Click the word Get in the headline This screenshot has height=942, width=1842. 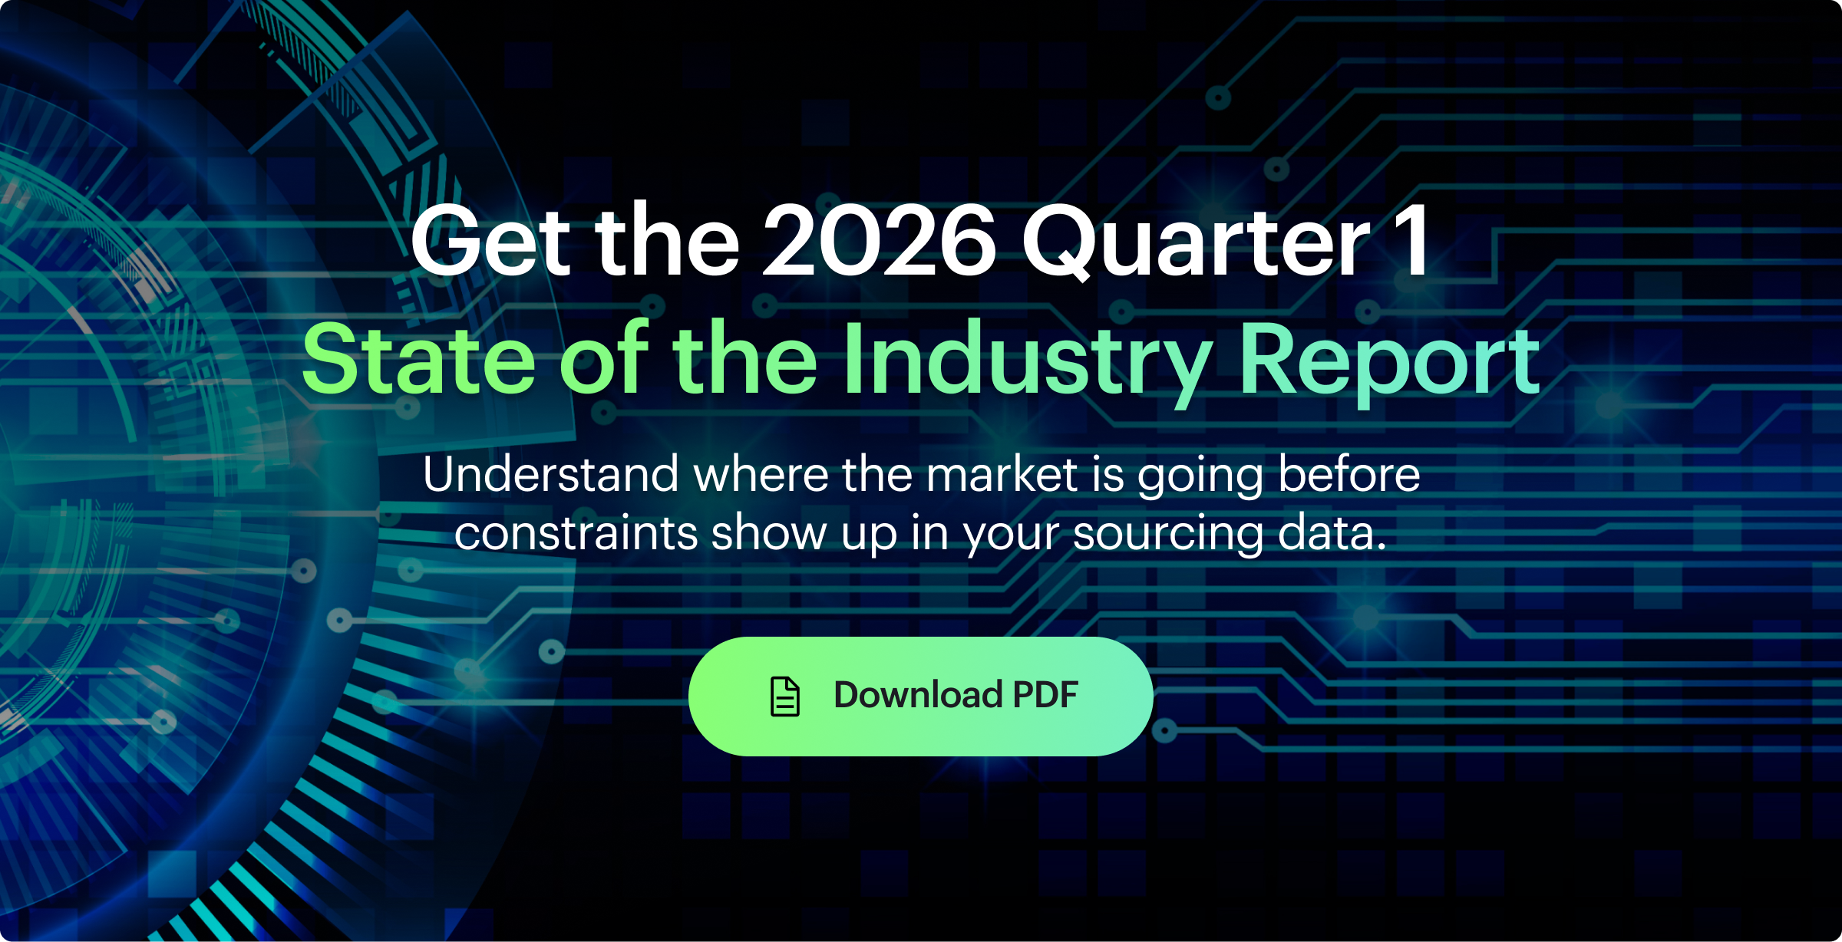click(x=492, y=240)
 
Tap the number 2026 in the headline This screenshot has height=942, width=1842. click(x=879, y=240)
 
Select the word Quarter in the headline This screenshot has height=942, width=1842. click(x=1196, y=242)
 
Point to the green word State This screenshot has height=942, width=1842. click(x=418, y=358)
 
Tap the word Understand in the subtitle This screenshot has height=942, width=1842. click(x=551, y=474)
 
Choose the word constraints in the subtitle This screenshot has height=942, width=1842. click(x=576, y=533)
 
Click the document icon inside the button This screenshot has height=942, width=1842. click(x=784, y=697)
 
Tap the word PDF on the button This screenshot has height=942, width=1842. click(x=1045, y=695)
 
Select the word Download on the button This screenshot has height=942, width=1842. click(x=919, y=695)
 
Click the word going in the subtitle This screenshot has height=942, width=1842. click(x=1200, y=477)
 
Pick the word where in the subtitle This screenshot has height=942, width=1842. click(x=761, y=474)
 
